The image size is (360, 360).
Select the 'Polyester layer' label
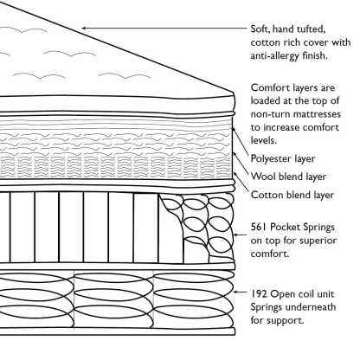click(282, 158)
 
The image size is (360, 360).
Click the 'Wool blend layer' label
click(286, 177)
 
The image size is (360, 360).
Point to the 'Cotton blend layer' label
click(291, 195)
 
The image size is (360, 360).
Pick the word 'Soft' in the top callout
click(260, 29)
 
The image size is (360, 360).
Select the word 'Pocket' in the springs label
click(292, 223)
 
